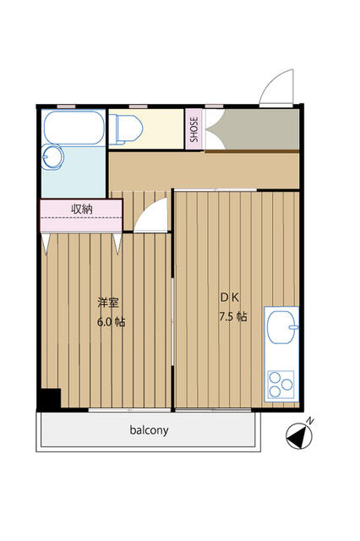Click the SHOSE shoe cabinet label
(194, 129)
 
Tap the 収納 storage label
(82, 209)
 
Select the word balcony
(149, 430)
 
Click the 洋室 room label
(108, 303)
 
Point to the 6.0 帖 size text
(111, 322)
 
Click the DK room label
(230, 298)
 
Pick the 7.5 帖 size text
(233, 317)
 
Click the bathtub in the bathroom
(74, 127)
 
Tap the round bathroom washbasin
(52, 157)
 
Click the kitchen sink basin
(282, 327)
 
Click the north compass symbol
(299, 436)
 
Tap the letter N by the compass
(310, 421)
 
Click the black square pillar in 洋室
(49, 400)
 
